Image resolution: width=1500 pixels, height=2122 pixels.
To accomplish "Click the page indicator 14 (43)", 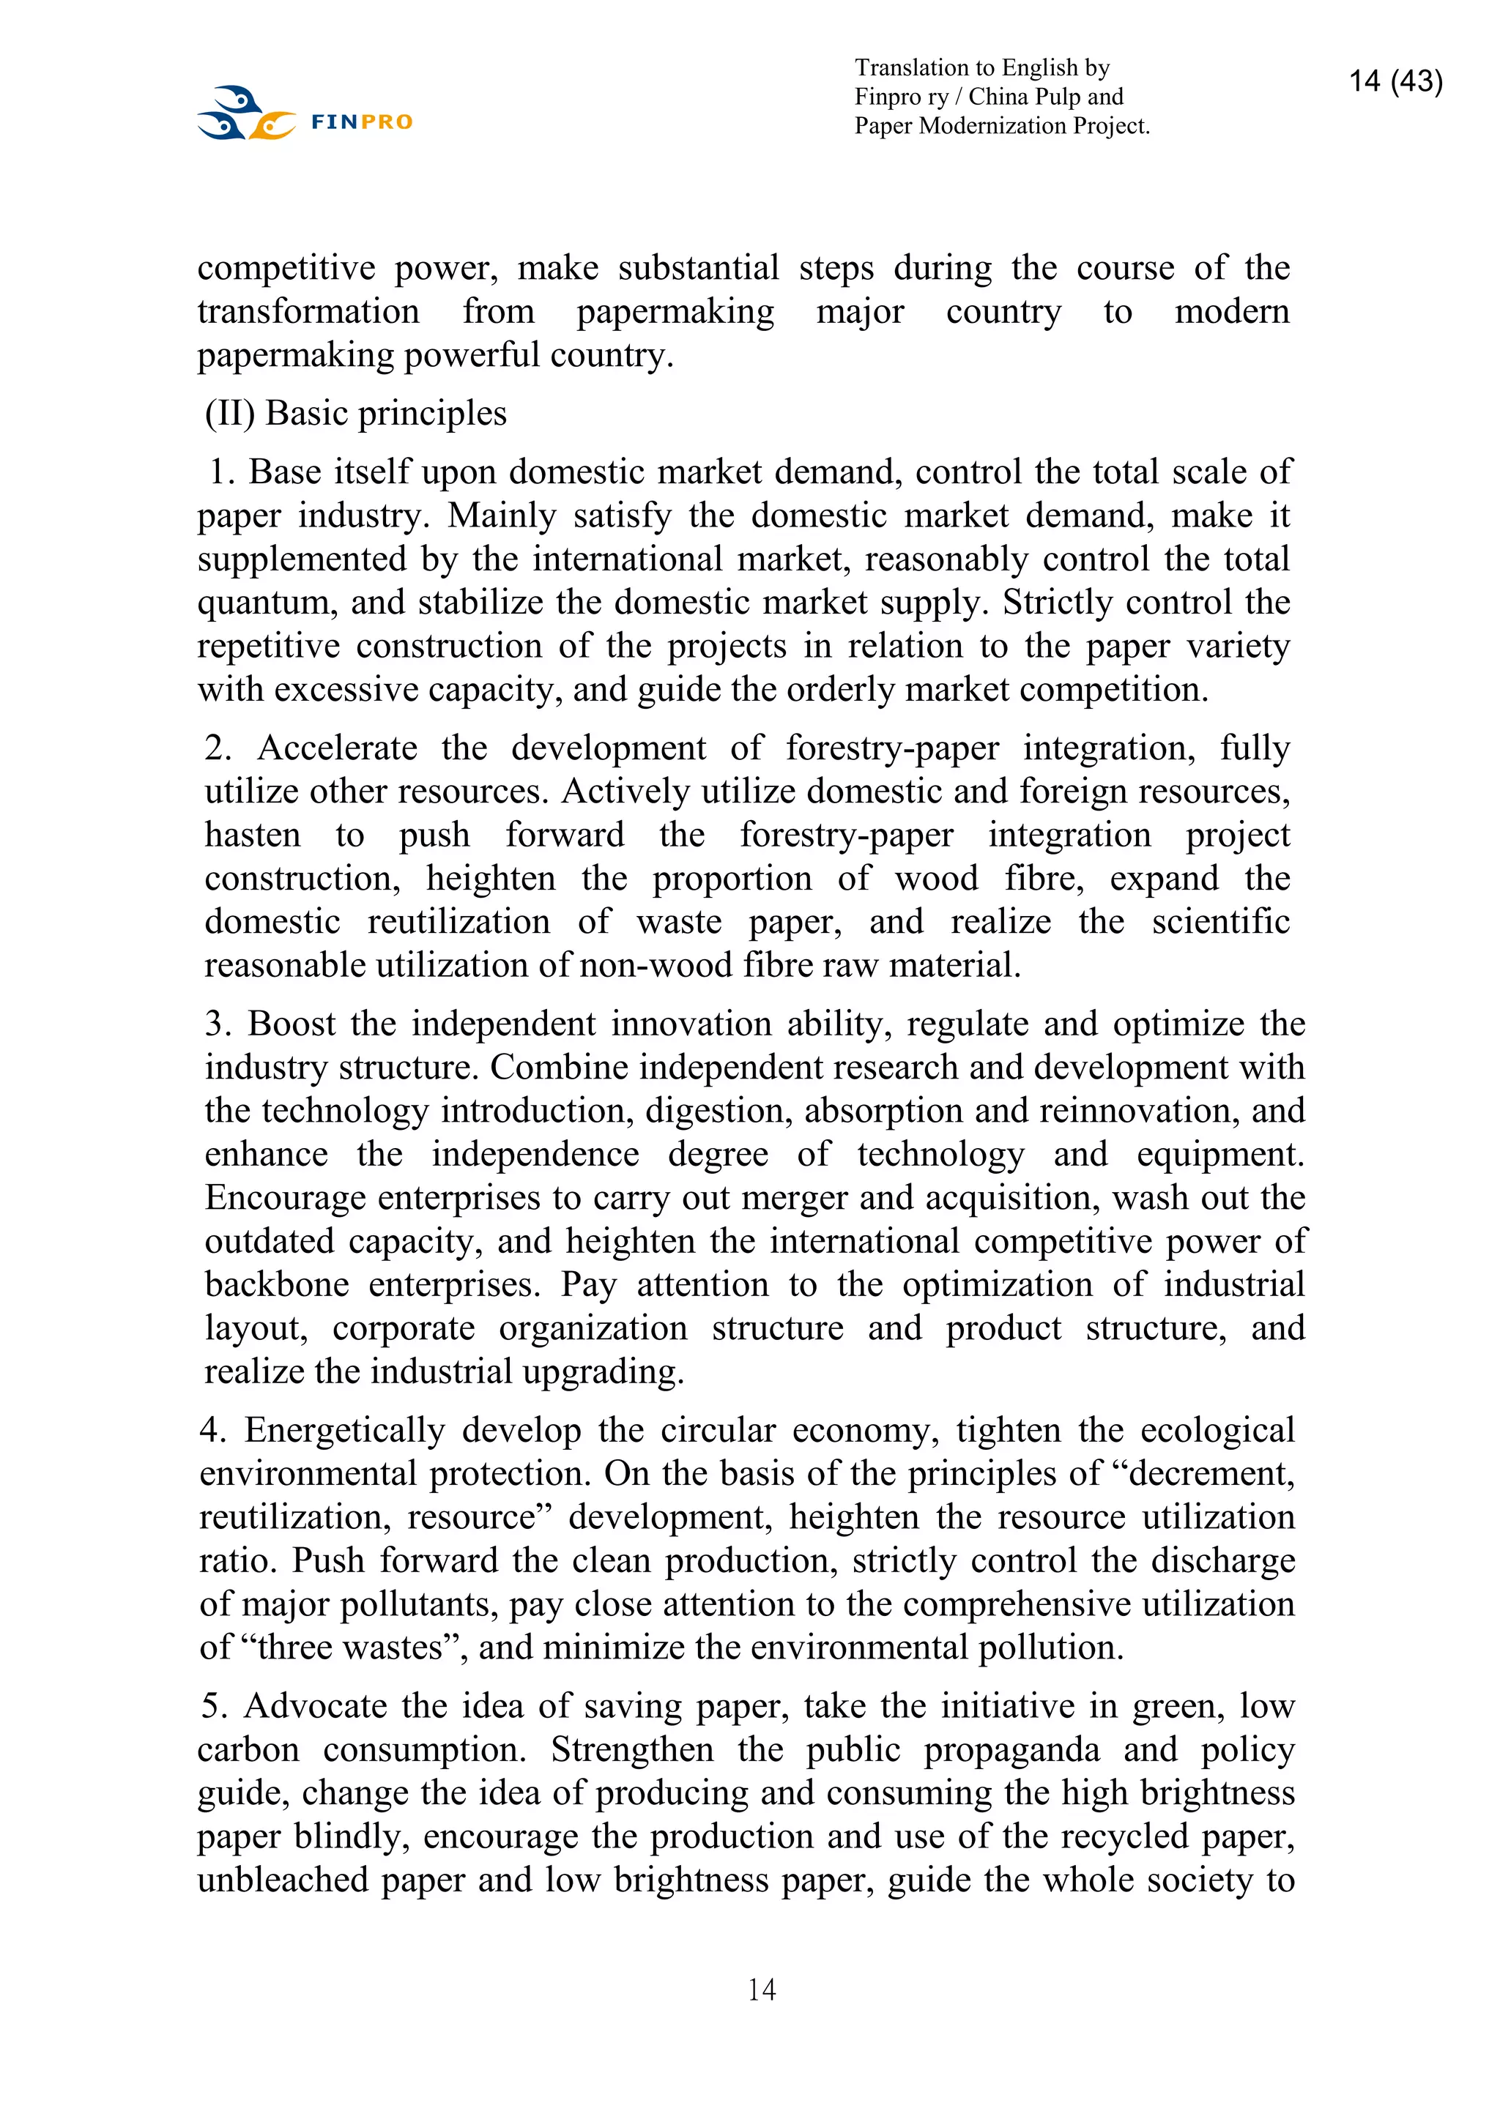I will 1395,81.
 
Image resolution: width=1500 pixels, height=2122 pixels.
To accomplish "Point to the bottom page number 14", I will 761,1989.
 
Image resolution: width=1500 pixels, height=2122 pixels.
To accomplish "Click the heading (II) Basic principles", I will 356,413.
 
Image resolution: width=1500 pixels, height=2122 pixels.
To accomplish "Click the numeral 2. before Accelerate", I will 218,748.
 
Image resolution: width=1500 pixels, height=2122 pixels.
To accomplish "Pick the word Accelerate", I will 338,748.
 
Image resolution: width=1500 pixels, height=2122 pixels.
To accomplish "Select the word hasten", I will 252,835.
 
